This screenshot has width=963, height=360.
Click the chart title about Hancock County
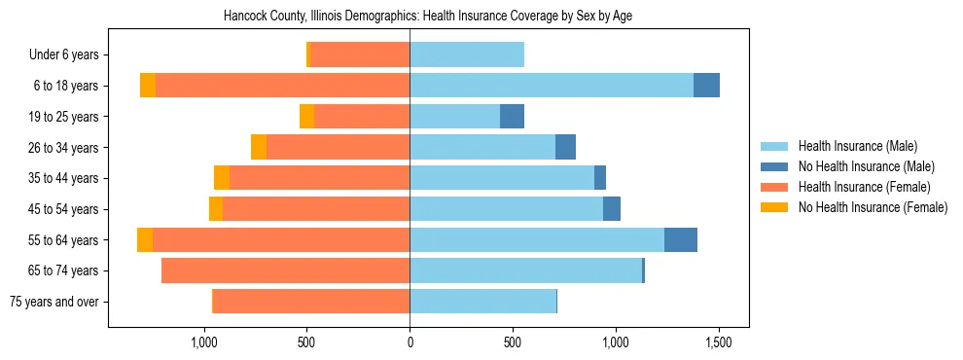[x=428, y=17]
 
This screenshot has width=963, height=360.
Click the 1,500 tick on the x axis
[x=718, y=342]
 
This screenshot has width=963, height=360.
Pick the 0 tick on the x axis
[x=410, y=342]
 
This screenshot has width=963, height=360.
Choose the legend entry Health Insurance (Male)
[x=857, y=147]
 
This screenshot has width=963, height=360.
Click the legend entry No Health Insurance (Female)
[x=873, y=207]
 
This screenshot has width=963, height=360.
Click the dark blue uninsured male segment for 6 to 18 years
[x=706, y=86]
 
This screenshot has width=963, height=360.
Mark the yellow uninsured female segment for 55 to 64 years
[x=145, y=240]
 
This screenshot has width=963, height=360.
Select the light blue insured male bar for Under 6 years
[x=467, y=55]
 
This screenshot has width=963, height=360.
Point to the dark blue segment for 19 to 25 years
[x=512, y=117]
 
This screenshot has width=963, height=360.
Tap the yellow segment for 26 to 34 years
[x=259, y=147]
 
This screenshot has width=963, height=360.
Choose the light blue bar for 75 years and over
[x=482, y=302]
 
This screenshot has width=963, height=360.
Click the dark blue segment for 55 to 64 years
[x=681, y=240]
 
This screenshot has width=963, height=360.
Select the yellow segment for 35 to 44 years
[x=222, y=178]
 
